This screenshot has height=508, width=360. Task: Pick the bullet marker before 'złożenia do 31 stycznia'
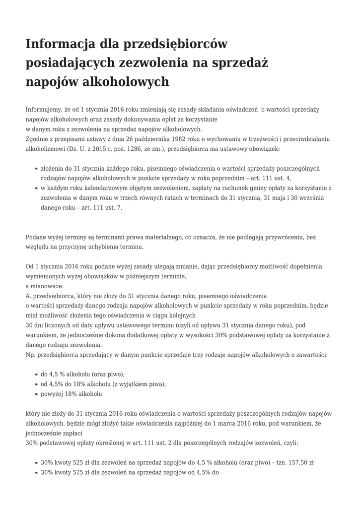pyautogui.click(x=36, y=169)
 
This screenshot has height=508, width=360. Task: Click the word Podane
pyautogui.click(x=36, y=237)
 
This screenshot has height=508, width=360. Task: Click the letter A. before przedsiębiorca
pyautogui.click(x=28, y=296)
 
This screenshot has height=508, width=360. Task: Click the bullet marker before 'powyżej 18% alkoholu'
pyautogui.click(x=36, y=394)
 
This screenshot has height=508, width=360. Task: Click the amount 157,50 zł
pyautogui.click(x=297, y=462)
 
